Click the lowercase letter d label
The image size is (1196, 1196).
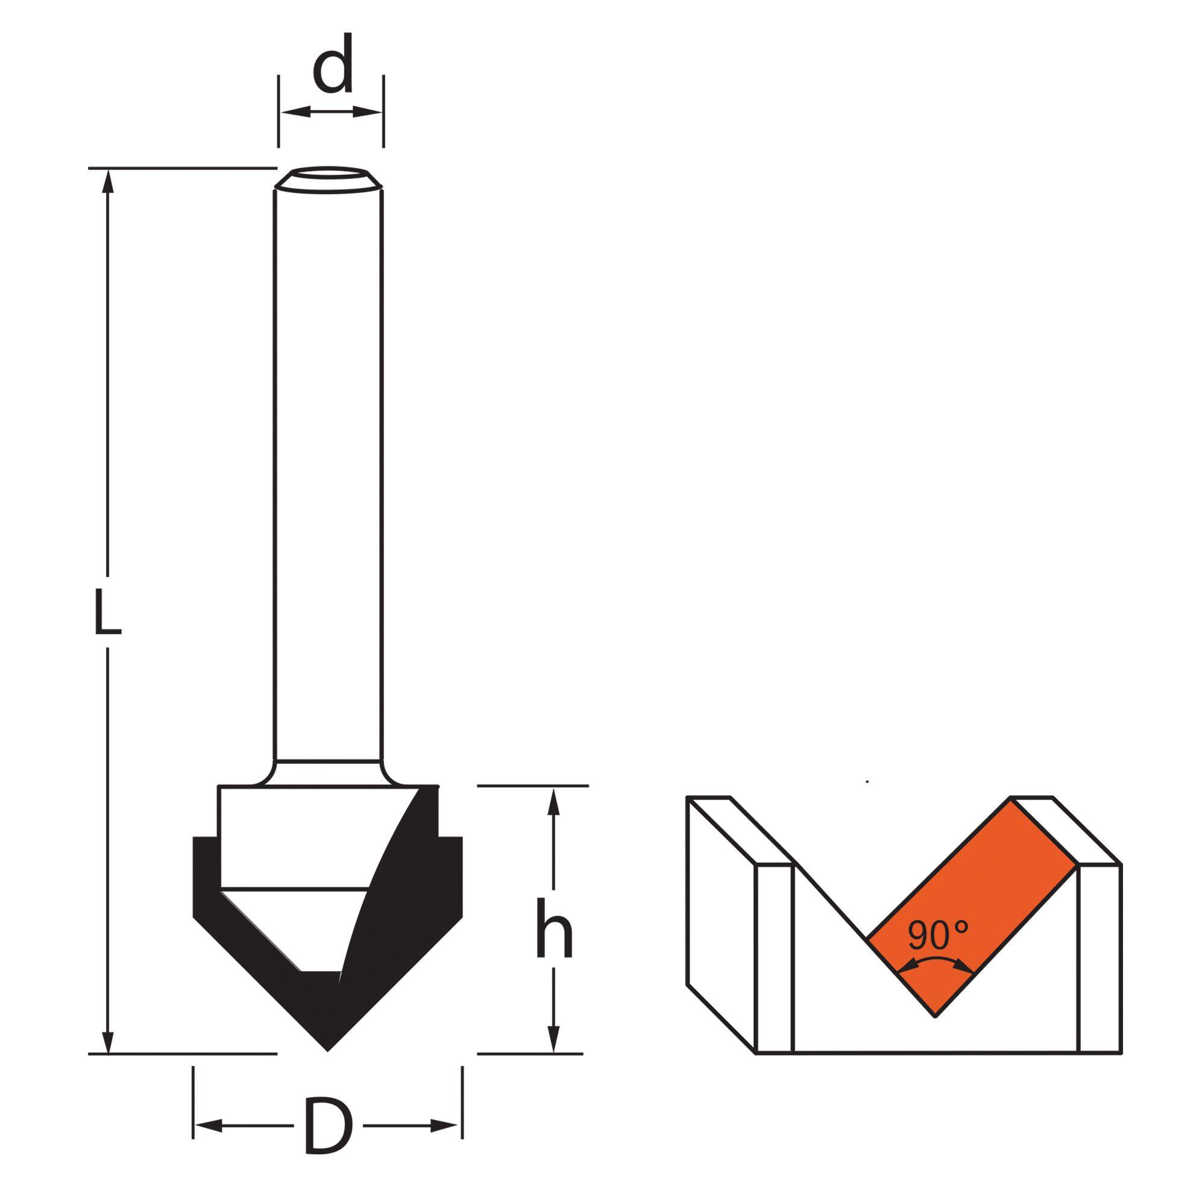[x=333, y=63]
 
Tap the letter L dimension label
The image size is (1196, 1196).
[x=107, y=612]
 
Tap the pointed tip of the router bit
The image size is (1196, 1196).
[x=328, y=1051]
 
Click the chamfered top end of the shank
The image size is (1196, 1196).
[x=329, y=179]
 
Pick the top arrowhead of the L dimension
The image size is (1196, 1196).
[x=109, y=180]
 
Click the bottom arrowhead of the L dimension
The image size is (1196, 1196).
[x=109, y=1040]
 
